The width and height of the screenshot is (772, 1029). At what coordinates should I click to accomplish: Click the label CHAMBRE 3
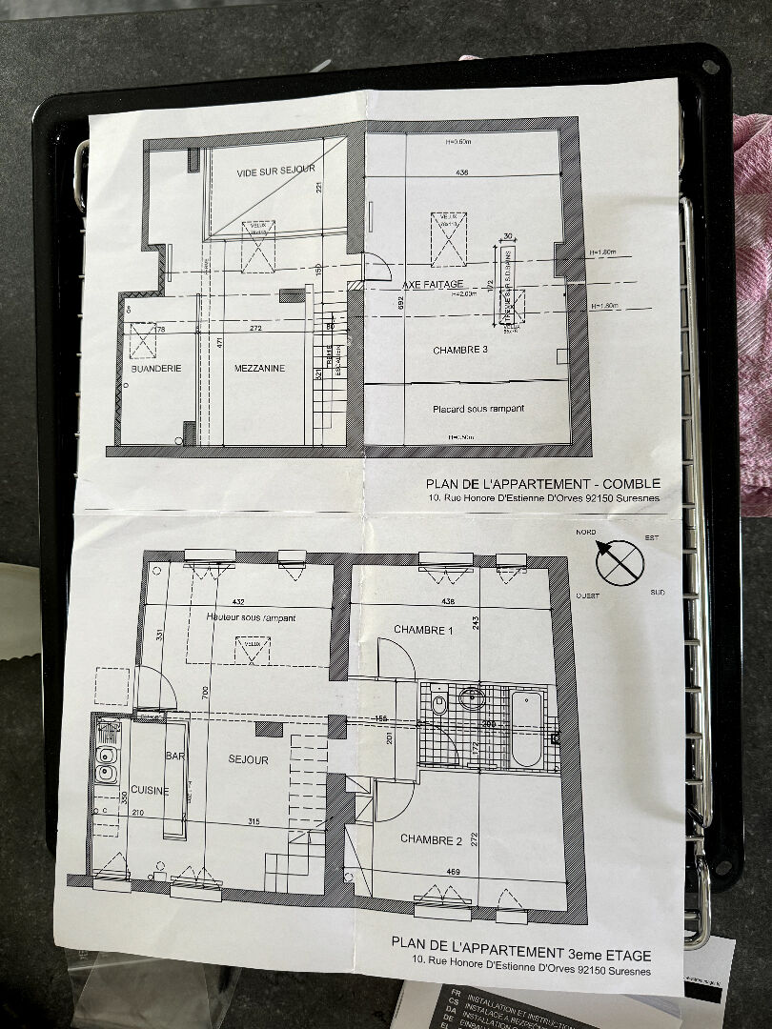coord(460,350)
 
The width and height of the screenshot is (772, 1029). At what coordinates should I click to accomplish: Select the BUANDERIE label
coord(156,367)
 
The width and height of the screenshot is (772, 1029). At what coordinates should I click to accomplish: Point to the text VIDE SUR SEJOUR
coord(275,169)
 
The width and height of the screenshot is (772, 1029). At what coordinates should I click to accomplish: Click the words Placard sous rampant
coord(478,409)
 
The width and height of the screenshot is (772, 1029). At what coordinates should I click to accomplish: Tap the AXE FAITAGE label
coord(433,285)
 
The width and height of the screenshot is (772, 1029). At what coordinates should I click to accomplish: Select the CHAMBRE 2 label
coord(431,839)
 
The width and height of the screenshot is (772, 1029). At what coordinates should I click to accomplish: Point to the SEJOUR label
coord(248,759)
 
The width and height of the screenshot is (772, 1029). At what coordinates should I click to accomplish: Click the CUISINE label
coord(150,790)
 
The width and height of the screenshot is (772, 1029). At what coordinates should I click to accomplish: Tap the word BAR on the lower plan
coord(174,755)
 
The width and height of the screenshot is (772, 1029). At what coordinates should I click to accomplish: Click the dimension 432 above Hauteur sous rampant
coord(237,602)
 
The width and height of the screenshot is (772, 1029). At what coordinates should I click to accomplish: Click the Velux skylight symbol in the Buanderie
coord(143,340)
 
